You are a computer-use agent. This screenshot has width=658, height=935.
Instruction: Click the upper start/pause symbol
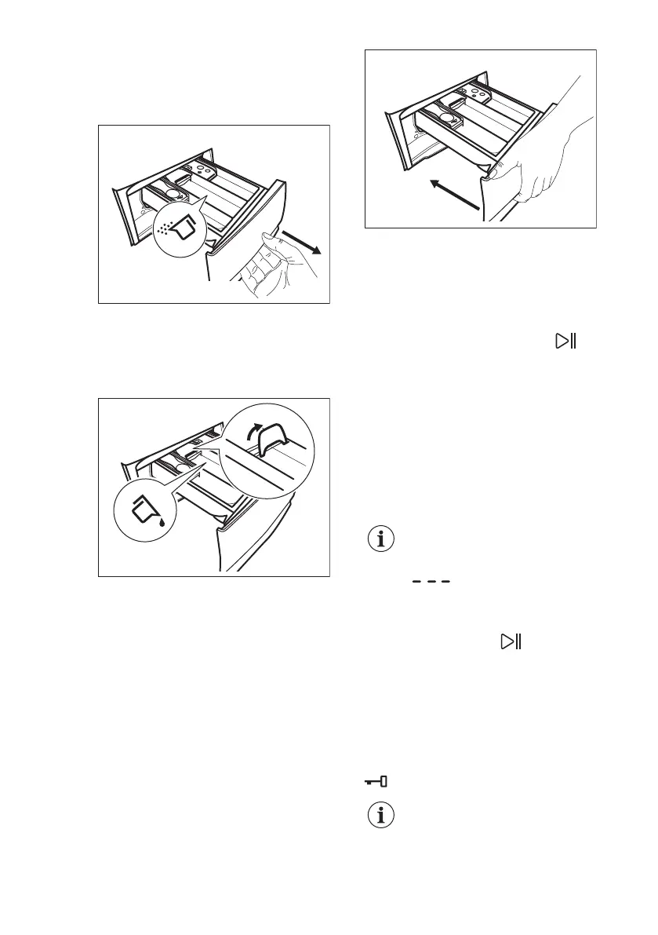point(565,341)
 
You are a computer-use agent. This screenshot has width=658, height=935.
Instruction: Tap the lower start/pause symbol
point(511,642)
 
